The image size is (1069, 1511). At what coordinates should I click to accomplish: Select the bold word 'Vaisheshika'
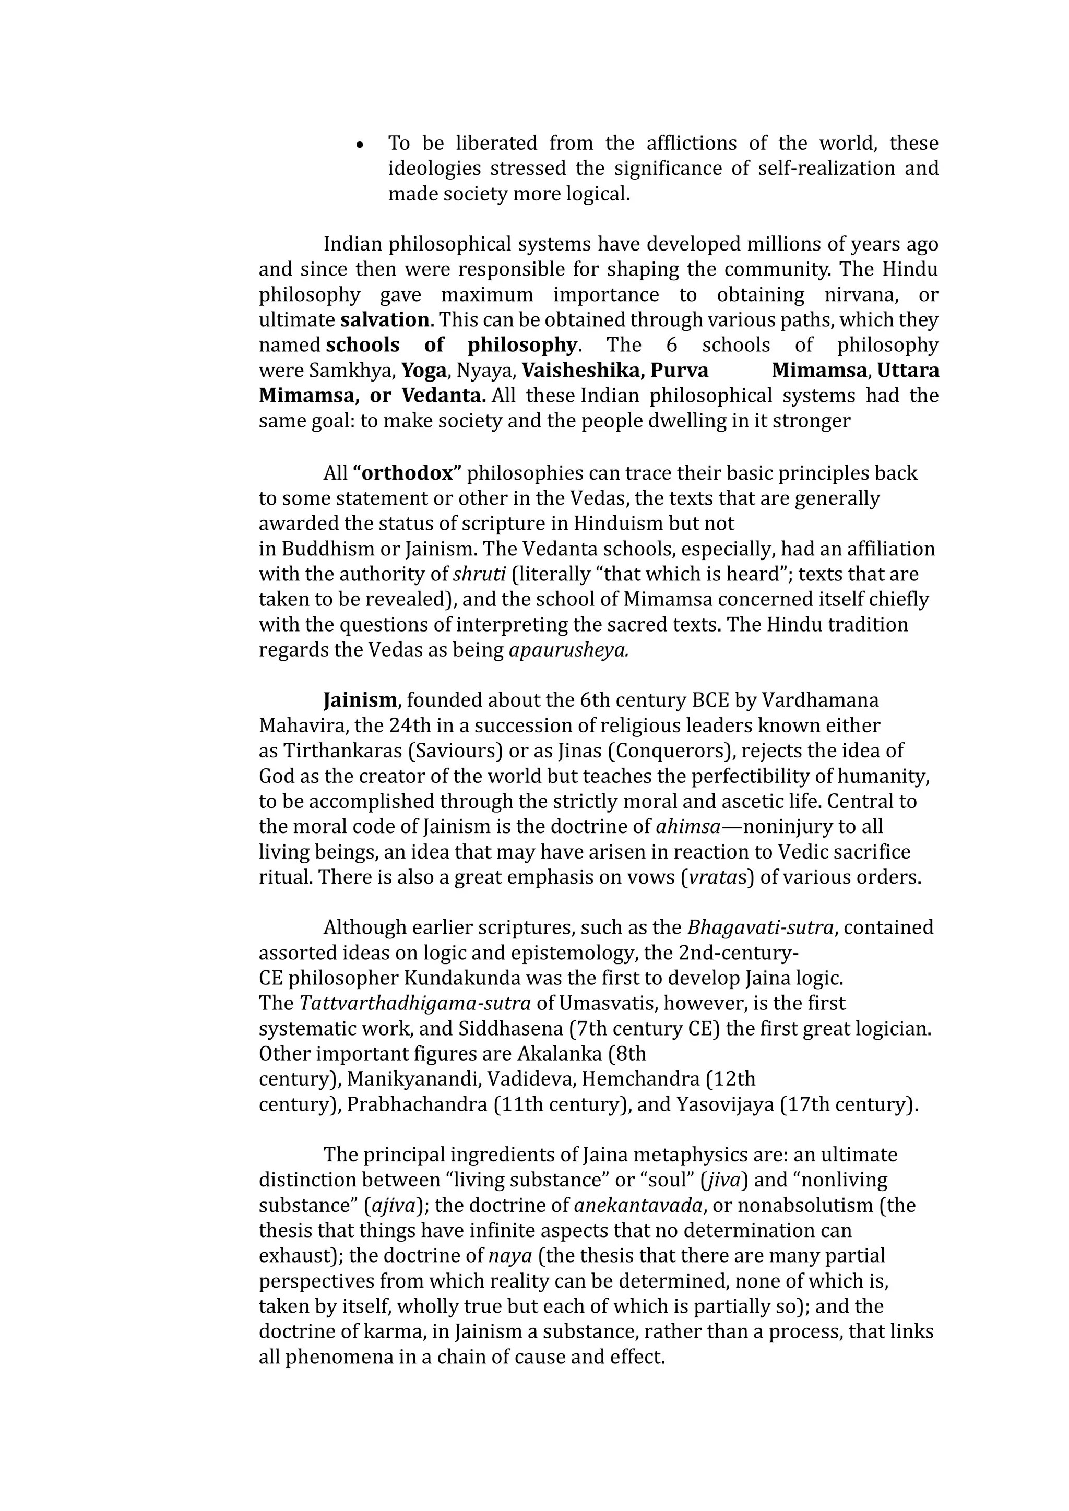coord(581,371)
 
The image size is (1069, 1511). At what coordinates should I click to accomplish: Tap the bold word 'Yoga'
coord(424,371)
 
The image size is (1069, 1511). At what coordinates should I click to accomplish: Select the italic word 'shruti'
coord(479,574)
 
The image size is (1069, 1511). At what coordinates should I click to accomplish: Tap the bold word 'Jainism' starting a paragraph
coord(360,699)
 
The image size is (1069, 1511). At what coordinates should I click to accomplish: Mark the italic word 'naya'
coord(510,1256)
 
